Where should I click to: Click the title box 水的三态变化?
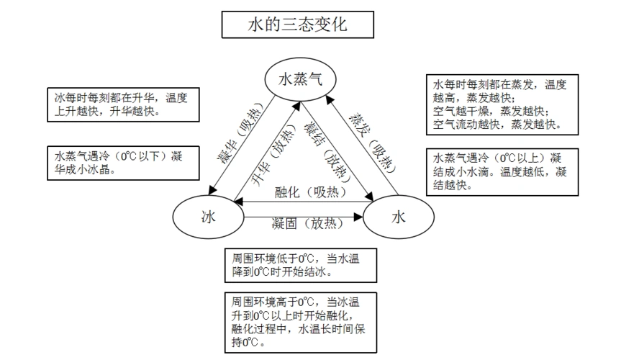coord(298,24)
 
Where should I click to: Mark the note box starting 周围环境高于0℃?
coord(301,322)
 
